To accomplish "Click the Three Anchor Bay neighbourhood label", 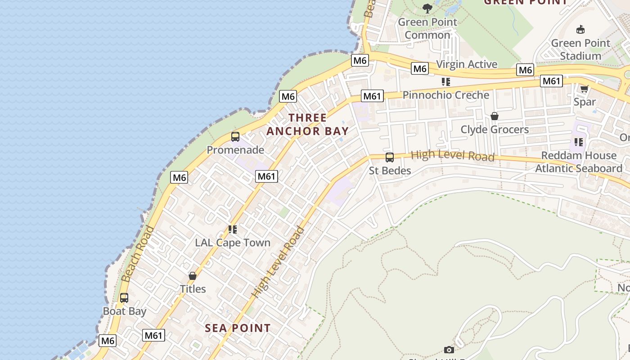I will [307, 124].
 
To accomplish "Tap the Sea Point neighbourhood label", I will [238, 328].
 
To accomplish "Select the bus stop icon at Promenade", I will [235, 136].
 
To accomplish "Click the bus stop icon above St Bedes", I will [390, 157].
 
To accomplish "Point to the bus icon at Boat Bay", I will [124, 298].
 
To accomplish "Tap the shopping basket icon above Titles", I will [193, 275].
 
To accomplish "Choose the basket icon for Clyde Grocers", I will [495, 116].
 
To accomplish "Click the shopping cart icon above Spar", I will [584, 89].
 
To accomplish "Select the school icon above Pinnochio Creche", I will [445, 82].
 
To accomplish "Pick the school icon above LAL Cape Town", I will [232, 229].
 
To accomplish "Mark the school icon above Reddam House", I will [578, 142].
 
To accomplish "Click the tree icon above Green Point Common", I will [427, 8].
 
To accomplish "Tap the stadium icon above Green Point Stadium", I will [580, 30].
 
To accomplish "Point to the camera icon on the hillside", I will [449, 350].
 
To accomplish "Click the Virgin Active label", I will [467, 64].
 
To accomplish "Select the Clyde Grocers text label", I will [495, 130].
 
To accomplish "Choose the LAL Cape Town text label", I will [232, 243].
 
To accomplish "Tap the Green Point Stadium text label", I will [580, 49].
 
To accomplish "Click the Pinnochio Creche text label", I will [445, 95].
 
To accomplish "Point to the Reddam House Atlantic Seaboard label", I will [579, 162].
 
